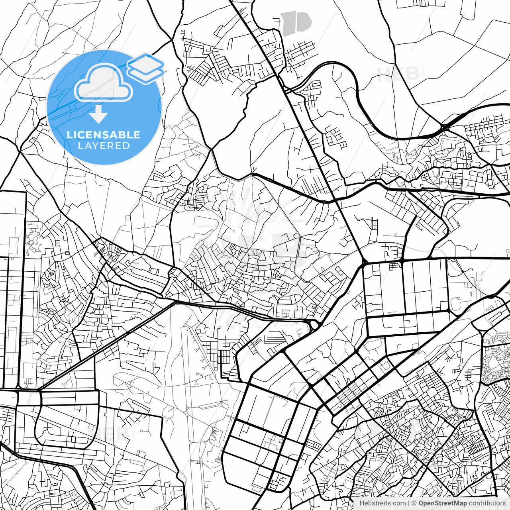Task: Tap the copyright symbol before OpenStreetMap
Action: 414,503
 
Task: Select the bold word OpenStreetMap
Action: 442,503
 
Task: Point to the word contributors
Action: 487,503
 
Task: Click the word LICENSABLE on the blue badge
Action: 104,135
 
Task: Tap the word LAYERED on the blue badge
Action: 104,146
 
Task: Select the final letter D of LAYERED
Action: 126,146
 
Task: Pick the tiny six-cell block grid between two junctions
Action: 395,266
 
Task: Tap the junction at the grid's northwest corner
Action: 364,263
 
